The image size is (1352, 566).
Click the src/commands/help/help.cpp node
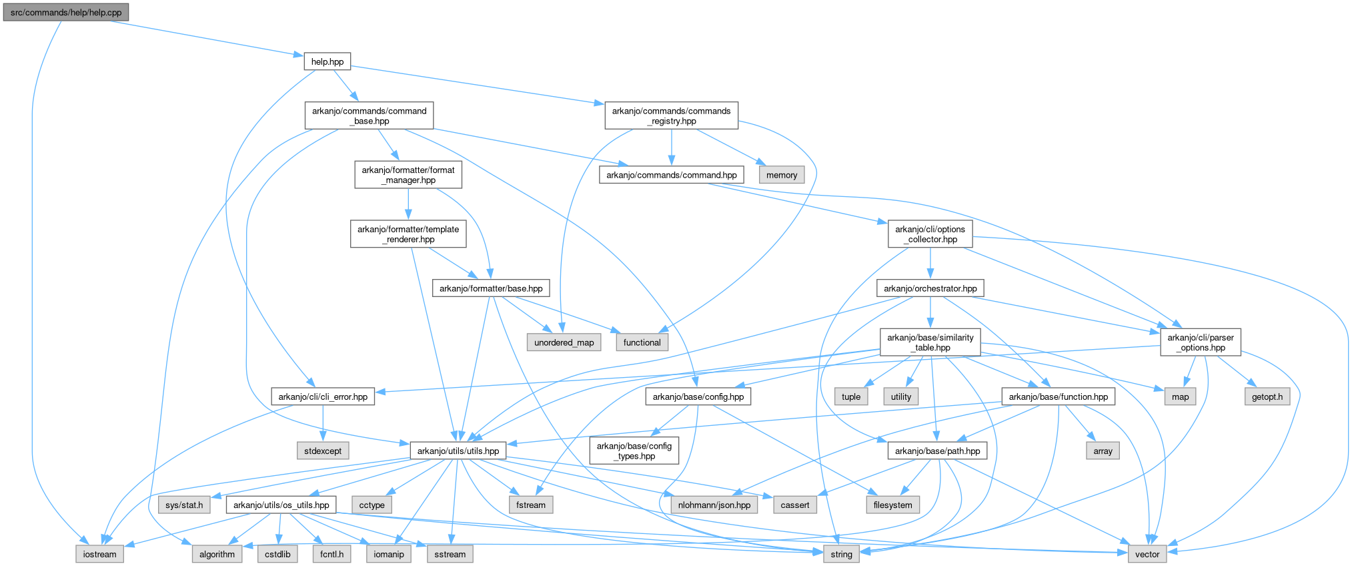[x=66, y=12]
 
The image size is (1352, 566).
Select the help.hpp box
[x=327, y=61]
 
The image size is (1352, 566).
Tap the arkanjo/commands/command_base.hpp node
[x=369, y=115]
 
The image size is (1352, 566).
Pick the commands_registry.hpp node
[x=671, y=115]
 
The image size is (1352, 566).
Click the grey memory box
[x=782, y=175]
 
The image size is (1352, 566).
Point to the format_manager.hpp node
[x=408, y=175]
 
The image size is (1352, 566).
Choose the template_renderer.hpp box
[x=408, y=234]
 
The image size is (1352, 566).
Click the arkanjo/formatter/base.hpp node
[x=491, y=288]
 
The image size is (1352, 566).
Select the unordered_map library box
[x=564, y=342]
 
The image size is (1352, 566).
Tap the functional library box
[x=642, y=342]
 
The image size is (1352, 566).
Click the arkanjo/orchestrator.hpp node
[x=930, y=288]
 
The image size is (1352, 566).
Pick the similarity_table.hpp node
[x=930, y=342]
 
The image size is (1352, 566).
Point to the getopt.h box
[x=1267, y=396]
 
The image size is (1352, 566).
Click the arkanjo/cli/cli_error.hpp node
[x=323, y=396]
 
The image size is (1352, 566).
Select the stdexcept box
[x=323, y=451]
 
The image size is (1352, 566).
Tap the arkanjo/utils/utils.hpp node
[x=458, y=451]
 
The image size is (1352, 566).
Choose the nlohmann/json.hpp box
[x=714, y=505]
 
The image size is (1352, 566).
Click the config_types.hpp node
[x=634, y=451]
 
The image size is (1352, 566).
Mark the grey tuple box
[x=851, y=396]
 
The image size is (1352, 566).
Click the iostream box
[x=100, y=554]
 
